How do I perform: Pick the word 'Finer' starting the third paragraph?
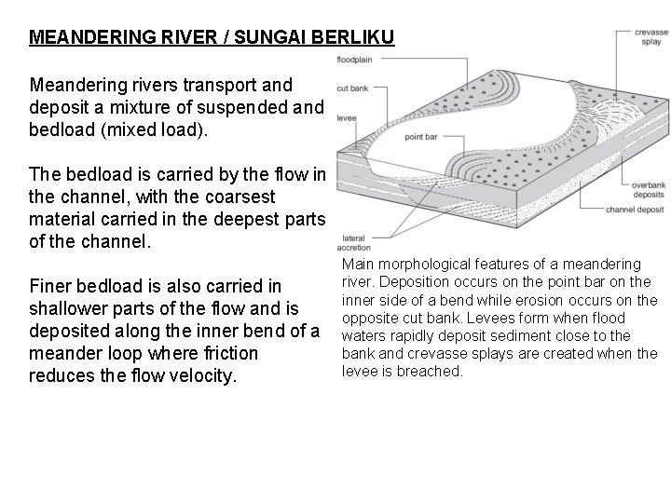point(52,285)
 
